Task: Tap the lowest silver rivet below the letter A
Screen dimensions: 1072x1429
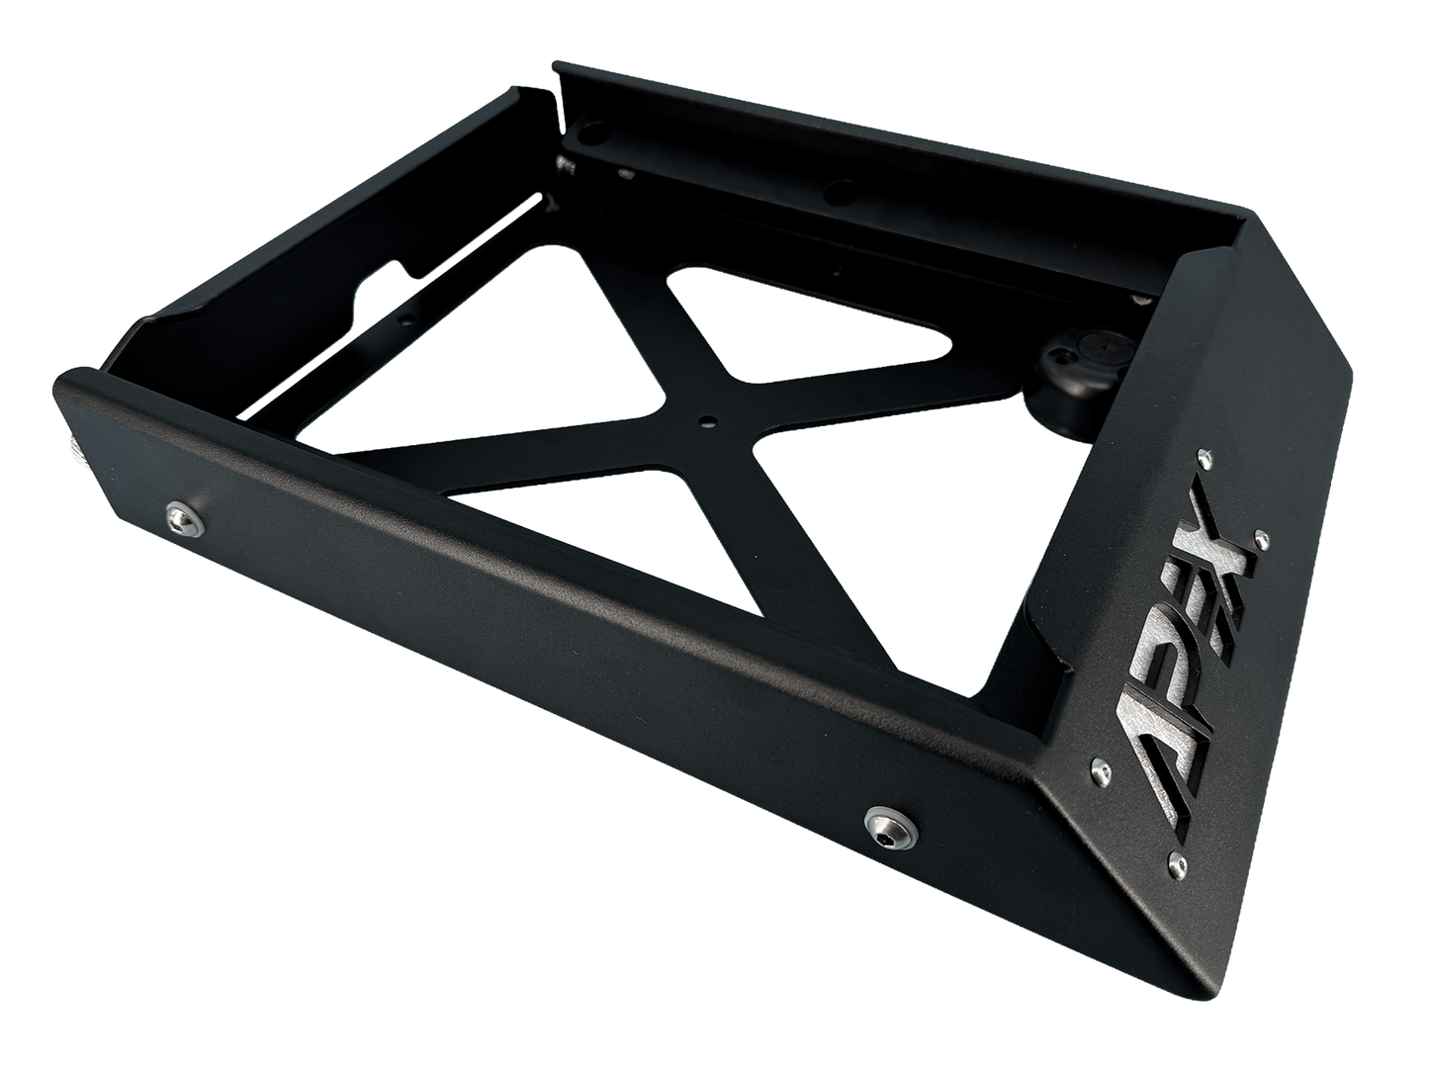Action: [1172, 847]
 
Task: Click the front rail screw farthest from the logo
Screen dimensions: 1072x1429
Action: [178, 512]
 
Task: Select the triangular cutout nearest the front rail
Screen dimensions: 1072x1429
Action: [554, 534]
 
